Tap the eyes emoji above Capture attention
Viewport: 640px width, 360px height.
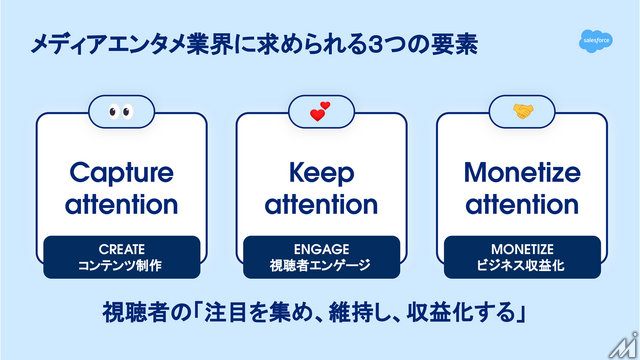click(x=120, y=111)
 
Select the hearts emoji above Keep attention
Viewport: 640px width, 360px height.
click(x=320, y=111)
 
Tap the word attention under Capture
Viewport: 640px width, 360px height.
click(x=121, y=206)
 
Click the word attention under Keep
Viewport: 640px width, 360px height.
click(x=320, y=206)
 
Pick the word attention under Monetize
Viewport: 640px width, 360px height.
click(x=522, y=206)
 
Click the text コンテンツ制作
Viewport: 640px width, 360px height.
click(x=121, y=265)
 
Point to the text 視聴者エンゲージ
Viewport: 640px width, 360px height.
click(x=320, y=265)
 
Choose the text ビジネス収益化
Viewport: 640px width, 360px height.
click(x=522, y=265)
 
